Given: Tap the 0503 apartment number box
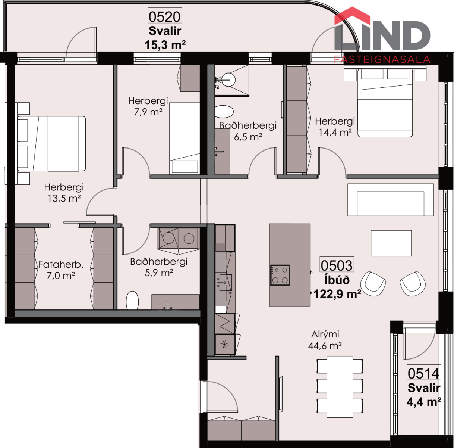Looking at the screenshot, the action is click(337, 265).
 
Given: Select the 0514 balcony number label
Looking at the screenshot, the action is click(423, 373).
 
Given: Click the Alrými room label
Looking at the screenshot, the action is click(325, 334).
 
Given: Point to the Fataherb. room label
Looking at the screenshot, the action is click(61, 264).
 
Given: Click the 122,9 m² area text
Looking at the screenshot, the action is click(337, 294).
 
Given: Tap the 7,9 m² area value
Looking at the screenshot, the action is click(148, 112).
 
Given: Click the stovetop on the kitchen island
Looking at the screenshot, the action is click(280, 275).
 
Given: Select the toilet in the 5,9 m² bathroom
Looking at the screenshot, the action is click(132, 301).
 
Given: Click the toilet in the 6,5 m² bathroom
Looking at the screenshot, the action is click(224, 112).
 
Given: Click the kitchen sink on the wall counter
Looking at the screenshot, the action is click(224, 282).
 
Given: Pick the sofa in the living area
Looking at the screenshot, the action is click(390, 200).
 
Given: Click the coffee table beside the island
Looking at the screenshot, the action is click(391, 243).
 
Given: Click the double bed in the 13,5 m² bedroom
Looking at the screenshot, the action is click(51, 143).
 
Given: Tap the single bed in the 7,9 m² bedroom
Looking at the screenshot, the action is click(185, 138).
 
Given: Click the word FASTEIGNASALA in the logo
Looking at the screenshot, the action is click(382, 59).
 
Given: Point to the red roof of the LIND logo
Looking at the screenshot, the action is click(352, 16).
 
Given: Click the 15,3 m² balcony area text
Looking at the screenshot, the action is click(165, 44).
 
